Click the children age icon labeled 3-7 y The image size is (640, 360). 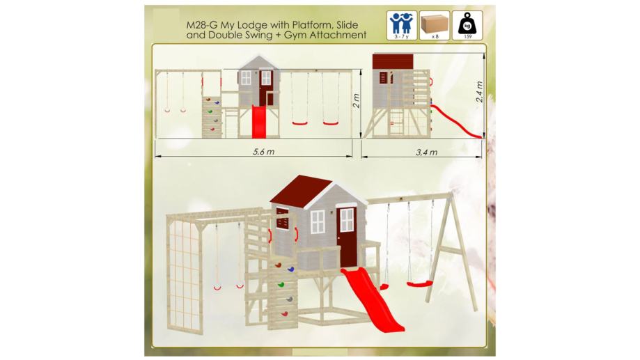pyautogui.click(x=402, y=25)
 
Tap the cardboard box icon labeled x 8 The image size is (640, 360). pyautogui.click(x=435, y=25)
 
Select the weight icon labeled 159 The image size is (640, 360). pyautogui.click(x=467, y=25)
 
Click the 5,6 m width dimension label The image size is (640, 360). pyautogui.click(x=264, y=152)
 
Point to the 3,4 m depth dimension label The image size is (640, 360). pyautogui.click(x=426, y=152)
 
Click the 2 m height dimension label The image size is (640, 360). pyautogui.click(x=357, y=101)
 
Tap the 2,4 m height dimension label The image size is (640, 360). pyautogui.click(x=480, y=92)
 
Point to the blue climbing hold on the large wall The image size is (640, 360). pyautogui.click(x=290, y=269)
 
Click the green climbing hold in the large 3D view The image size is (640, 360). pyautogui.click(x=281, y=284)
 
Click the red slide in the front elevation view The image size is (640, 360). pyautogui.click(x=259, y=122)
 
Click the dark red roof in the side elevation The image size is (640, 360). pyautogui.click(x=393, y=62)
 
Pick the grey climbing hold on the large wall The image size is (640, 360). pyautogui.click(x=289, y=299)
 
